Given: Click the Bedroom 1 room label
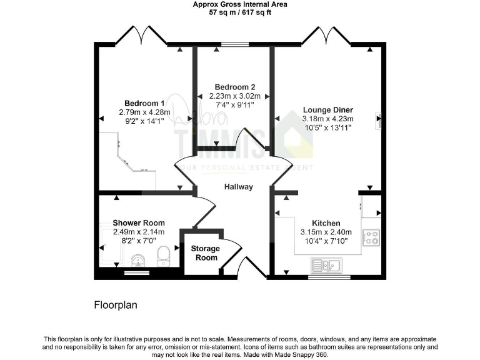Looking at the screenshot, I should [144, 103].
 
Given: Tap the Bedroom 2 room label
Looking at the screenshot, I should [234, 87].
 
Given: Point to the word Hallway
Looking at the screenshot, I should [239, 186].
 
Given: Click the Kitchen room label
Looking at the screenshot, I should [326, 223].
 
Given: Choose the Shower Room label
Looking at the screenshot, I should [139, 222].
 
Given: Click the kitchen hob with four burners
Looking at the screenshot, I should [372, 237].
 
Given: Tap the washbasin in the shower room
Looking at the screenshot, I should [138, 259].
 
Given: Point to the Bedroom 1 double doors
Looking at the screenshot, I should [141, 34].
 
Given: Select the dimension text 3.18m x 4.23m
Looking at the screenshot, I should [327, 119].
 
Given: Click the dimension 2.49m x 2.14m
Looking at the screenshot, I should [139, 232].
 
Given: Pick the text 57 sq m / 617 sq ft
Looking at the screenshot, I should [240, 12].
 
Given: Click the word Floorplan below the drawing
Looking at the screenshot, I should [115, 306].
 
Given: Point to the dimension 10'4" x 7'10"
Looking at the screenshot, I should [326, 241].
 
